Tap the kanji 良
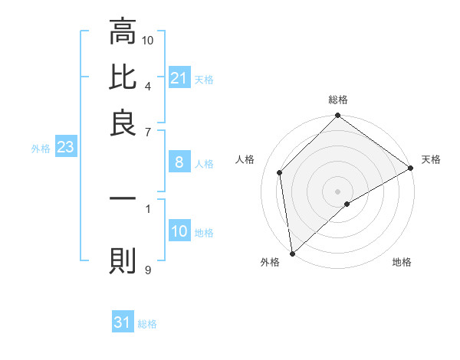[122, 123]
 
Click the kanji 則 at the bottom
[122, 260]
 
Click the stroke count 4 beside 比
[148, 85]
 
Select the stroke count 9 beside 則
[148, 270]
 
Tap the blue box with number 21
[179, 78]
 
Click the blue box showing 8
[179, 162]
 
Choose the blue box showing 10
[179, 231]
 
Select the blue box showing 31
[123, 323]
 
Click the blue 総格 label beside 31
[147, 324]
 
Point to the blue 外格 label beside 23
[41, 149]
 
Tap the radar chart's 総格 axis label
[338, 100]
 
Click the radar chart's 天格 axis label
[431, 159]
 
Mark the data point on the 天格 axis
[411, 169]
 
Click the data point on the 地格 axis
[347, 204]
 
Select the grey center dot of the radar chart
[338, 191]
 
